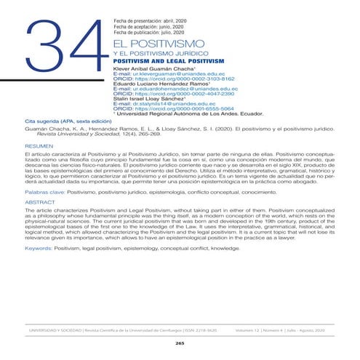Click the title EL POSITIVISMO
click(155, 45)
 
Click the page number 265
click(180, 341)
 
